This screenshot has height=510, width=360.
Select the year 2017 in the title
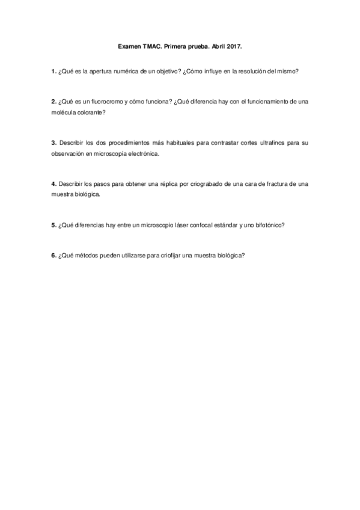point(233,45)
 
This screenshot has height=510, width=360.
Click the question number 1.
point(53,71)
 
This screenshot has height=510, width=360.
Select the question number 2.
point(53,102)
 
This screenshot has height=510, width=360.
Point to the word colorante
point(90,112)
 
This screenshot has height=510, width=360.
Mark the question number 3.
point(53,143)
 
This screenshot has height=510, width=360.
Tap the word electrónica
point(142,154)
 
